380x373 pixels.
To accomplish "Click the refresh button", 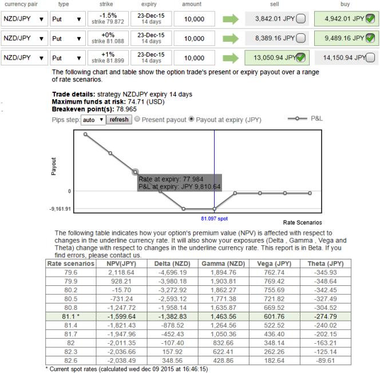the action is point(119,120).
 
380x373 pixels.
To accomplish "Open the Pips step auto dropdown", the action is point(93,120).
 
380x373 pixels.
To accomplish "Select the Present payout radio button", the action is point(137,119).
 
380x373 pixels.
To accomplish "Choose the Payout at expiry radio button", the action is point(192,119).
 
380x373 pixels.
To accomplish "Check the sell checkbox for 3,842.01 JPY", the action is point(301,19).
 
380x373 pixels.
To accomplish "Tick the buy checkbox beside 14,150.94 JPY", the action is point(370,57).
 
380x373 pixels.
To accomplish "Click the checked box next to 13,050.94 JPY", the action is point(301,57).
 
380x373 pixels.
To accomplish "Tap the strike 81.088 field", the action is point(108,38).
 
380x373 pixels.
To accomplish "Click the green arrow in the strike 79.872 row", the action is point(231,19).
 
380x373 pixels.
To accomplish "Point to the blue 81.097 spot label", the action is point(214,219).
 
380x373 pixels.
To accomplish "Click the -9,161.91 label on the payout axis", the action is point(60,209).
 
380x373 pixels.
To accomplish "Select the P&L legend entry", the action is point(305,119).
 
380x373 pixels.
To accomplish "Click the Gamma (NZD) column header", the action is point(223,264).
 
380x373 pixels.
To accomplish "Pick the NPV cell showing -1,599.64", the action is point(121,316).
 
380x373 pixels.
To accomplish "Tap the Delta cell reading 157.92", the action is point(173,352).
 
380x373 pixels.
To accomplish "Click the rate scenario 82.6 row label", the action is point(71,360).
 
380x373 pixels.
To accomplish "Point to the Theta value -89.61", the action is point(326,360).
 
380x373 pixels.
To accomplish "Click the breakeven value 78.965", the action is point(126,109).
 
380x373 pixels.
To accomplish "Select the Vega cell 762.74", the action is point(274,272).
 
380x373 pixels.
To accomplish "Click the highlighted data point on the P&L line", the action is point(135,172).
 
